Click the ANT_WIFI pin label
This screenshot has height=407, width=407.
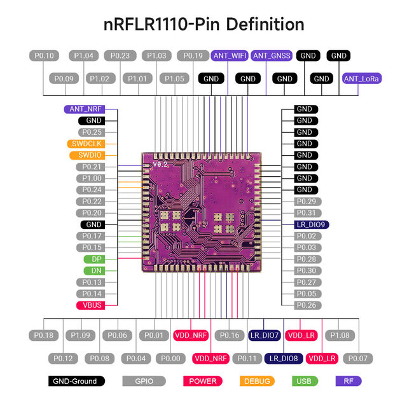[230, 56]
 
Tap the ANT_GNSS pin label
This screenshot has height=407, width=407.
[272, 56]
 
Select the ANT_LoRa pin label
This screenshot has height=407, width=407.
[362, 79]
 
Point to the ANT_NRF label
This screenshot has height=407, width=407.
[92, 109]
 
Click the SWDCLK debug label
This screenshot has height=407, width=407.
[92, 144]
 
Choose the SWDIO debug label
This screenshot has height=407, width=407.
[92, 155]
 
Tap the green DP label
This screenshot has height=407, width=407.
[93, 259]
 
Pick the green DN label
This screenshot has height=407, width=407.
[93, 271]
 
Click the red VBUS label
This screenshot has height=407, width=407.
[92, 305]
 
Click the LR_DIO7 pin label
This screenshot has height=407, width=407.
[264, 335]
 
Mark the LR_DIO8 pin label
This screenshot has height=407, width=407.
[283, 359]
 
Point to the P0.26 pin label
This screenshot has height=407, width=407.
[307, 305]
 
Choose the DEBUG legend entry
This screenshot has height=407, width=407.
[258, 381]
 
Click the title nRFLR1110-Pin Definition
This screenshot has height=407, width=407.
[203, 25]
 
